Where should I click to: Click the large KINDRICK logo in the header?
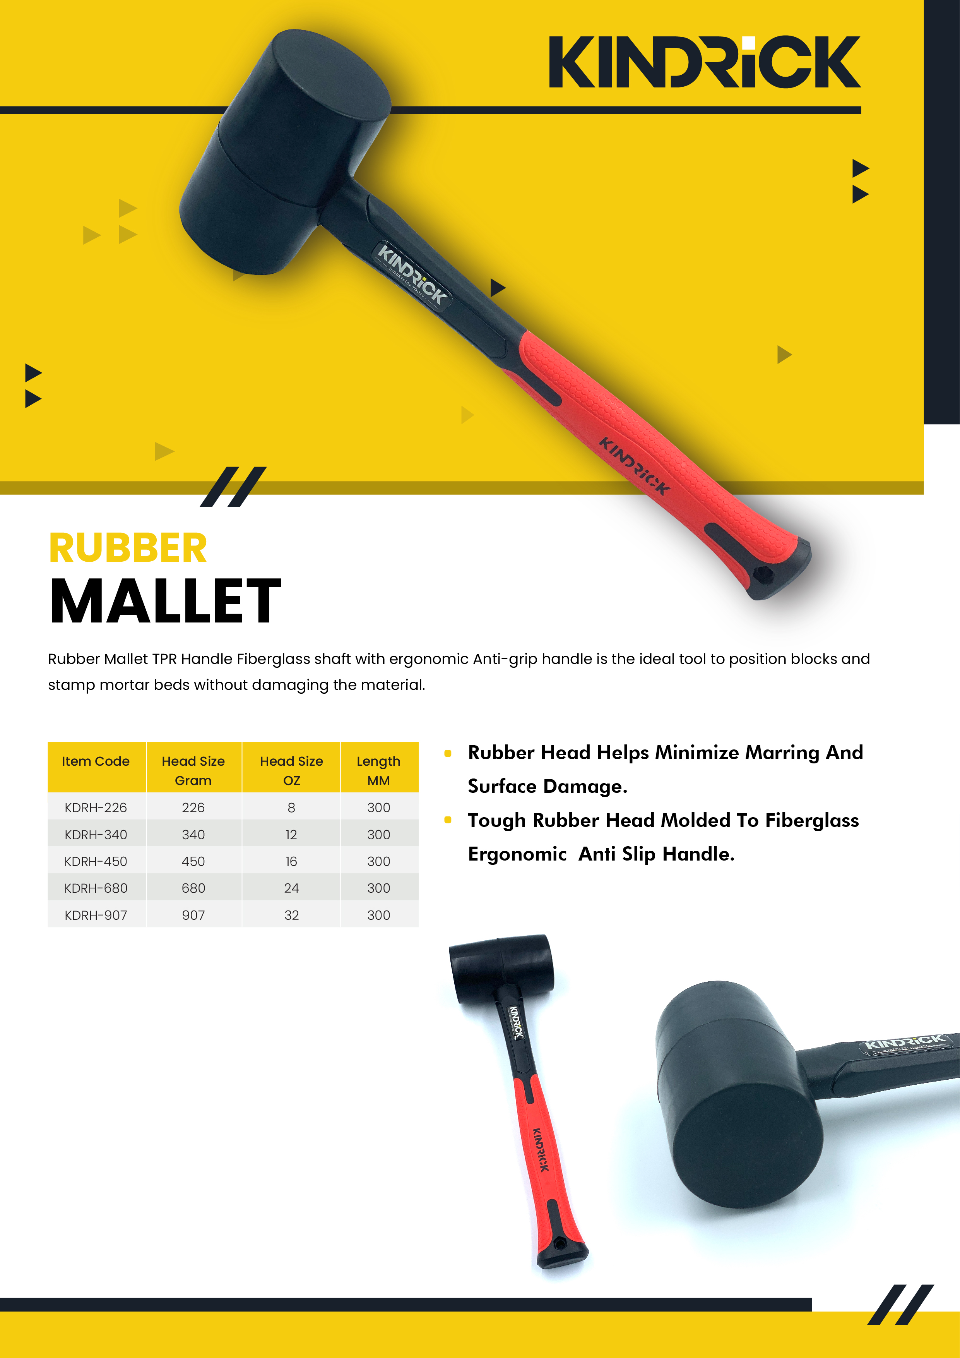pyautogui.click(x=704, y=62)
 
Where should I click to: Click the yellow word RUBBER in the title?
pyautogui.click(x=128, y=548)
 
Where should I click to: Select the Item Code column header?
pyautogui.click(x=96, y=761)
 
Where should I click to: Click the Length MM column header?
pyautogui.click(x=378, y=771)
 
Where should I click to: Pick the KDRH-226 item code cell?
pyautogui.click(x=96, y=808)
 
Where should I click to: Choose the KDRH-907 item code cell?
pyautogui.click(x=96, y=915)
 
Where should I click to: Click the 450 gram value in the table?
pyautogui.click(x=193, y=861)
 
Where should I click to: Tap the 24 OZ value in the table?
pyautogui.click(x=291, y=888)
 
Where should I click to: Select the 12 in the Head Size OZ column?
pyautogui.click(x=291, y=835)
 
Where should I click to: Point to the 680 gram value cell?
pyautogui.click(x=193, y=888)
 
